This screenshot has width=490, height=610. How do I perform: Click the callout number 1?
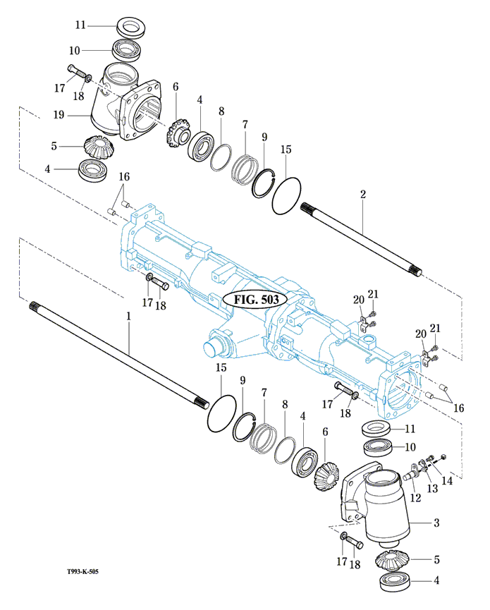click(129, 317)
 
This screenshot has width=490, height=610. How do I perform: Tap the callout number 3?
click(436, 523)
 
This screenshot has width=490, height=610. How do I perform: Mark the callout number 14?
click(446, 481)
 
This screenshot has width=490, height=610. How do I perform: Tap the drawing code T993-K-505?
click(78, 572)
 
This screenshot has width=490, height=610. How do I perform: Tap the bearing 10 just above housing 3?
click(381, 447)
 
